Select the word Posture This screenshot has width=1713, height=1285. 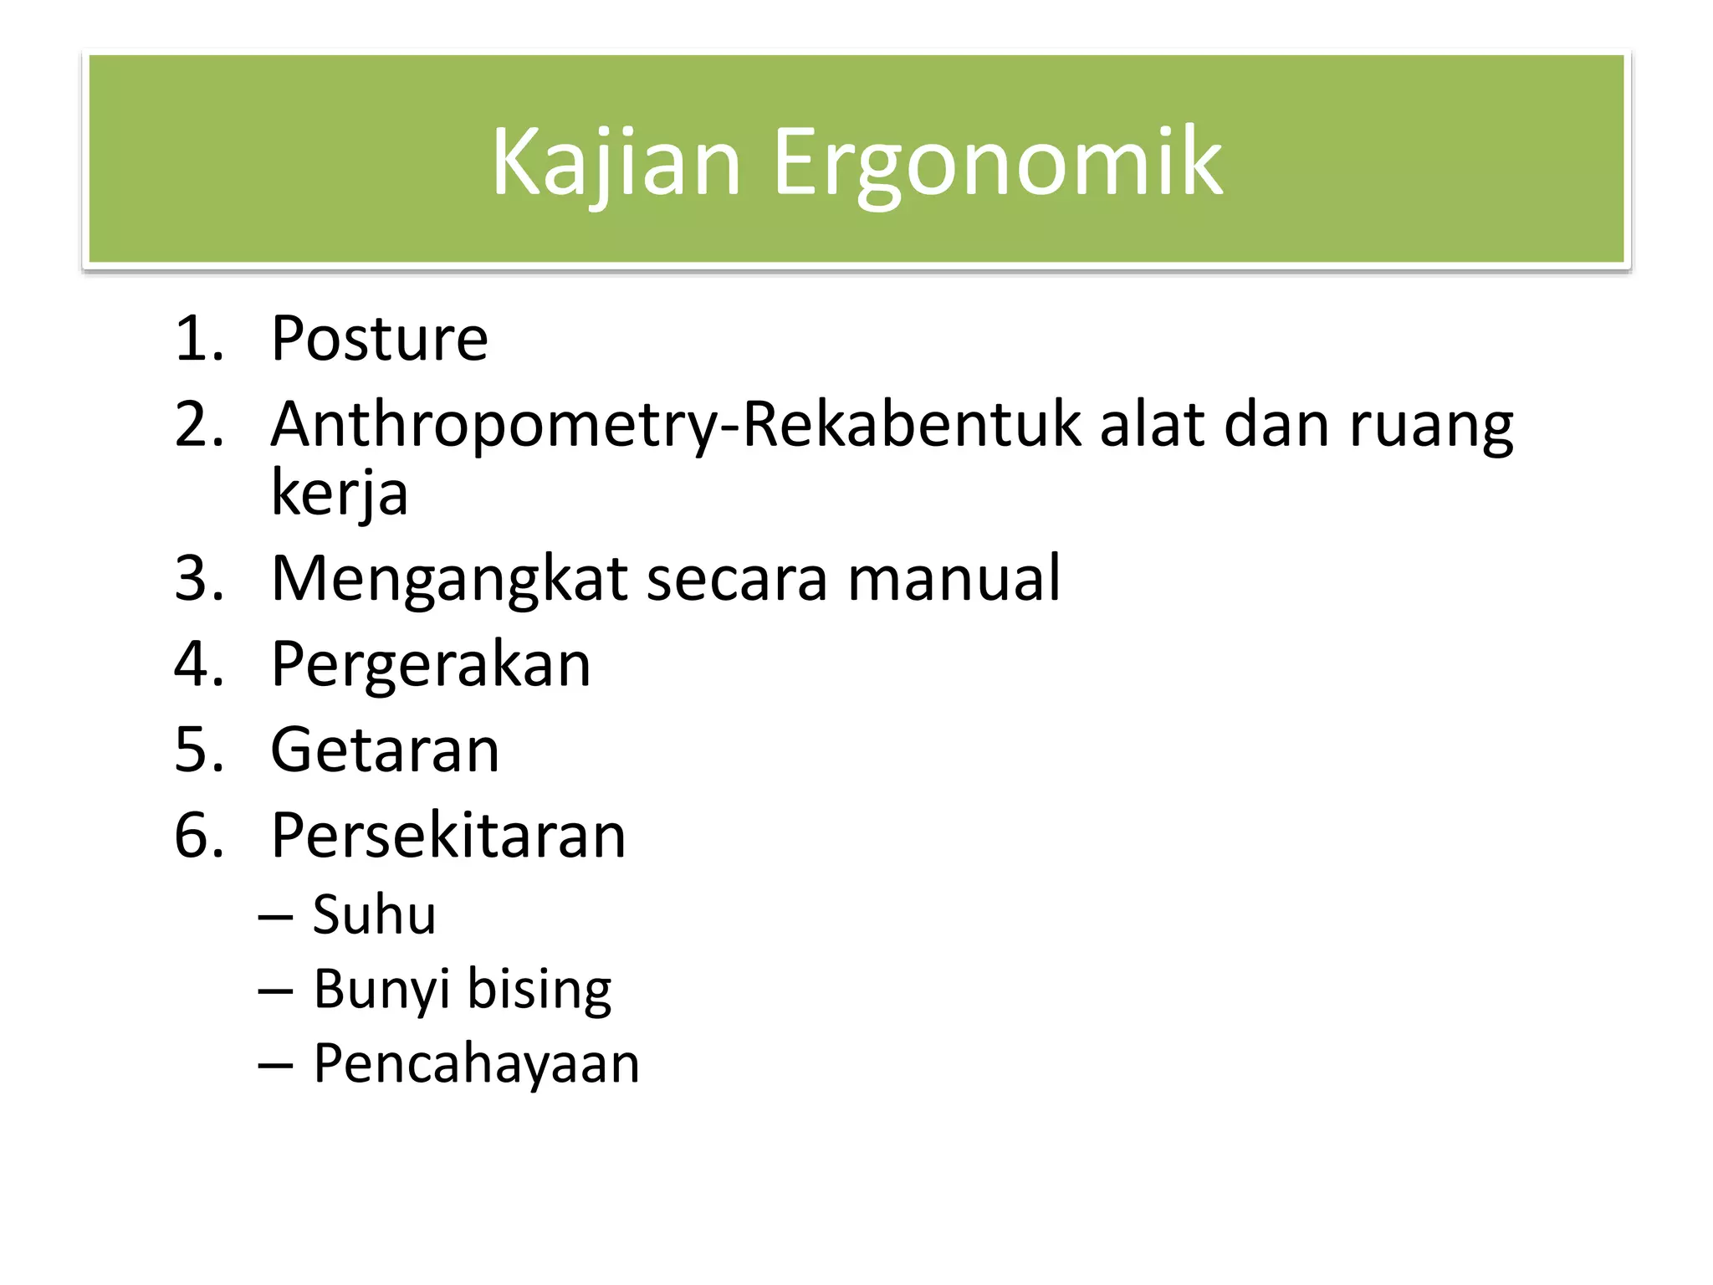379,339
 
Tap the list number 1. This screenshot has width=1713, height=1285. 198,339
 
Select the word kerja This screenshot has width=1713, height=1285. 339,494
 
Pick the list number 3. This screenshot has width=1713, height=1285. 198,578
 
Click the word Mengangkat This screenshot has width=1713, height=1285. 449,580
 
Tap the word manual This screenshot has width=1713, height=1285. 954,578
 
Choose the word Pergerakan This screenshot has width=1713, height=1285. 431,665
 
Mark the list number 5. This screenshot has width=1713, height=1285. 198,750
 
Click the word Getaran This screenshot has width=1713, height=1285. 385,750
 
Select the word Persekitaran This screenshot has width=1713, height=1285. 448,836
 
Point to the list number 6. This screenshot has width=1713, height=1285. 198,836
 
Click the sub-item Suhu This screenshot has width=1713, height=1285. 374,914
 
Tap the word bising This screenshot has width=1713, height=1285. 539,991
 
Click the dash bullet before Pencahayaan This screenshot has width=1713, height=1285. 275,1066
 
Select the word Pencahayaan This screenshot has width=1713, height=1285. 476,1064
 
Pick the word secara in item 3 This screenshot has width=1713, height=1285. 737,578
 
